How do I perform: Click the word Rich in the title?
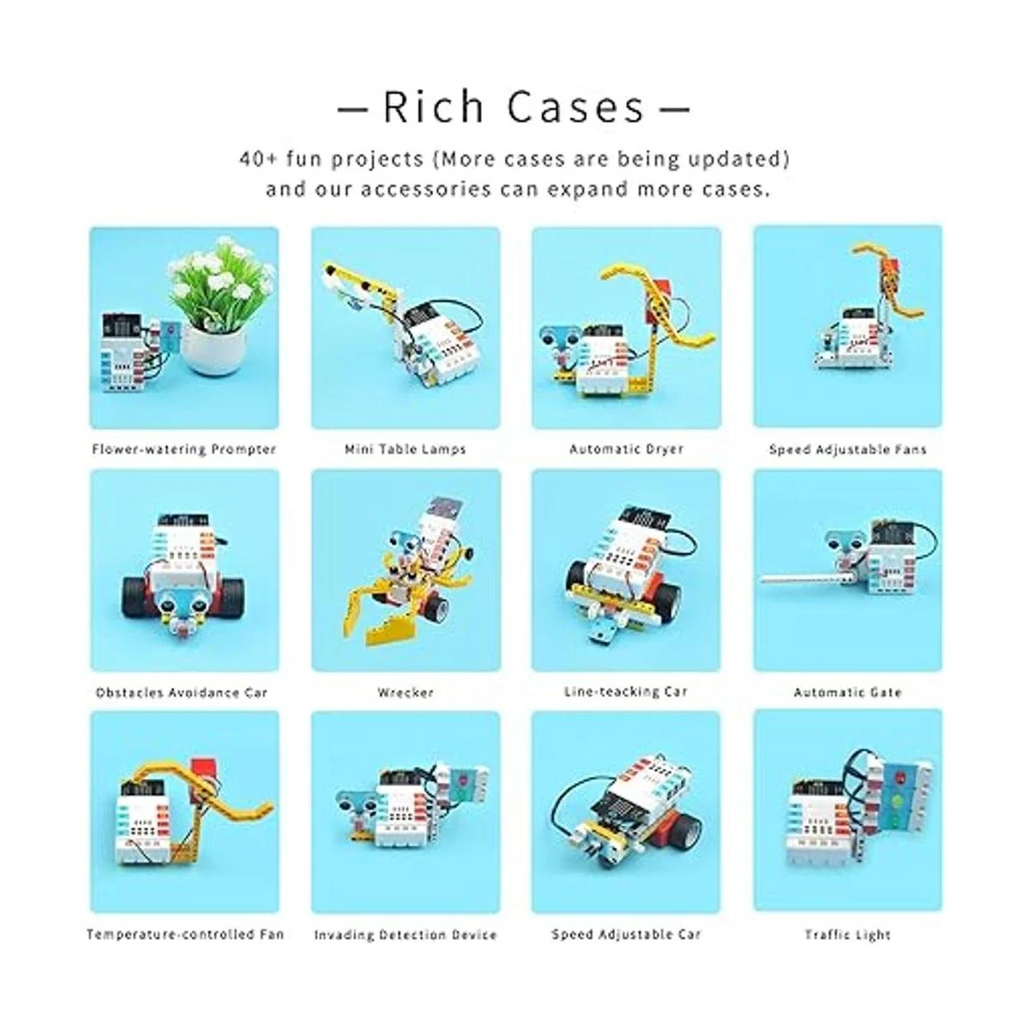pyautogui.click(x=434, y=107)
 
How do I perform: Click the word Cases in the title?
pyautogui.click(x=575, y=107)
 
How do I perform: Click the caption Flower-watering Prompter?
pyautogui.click(x=184, y=449)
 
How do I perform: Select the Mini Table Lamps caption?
pyautogui.click(x=406, y=449)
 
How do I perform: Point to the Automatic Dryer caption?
pyautogui.click(x=626, y=449)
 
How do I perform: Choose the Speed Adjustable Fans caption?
pyautogui.click(x=847, y=449)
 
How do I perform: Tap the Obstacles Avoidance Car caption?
pyautogui.click(x=182, y=693)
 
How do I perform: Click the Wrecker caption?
pyautogui.click(x=406, y=693)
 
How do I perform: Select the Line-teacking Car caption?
pyautogui.click(x=626, y=691)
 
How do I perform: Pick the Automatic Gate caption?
pyautogui.click(x=847, y=693)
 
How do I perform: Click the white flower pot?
pyautogui.click(x=213, y=348)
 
